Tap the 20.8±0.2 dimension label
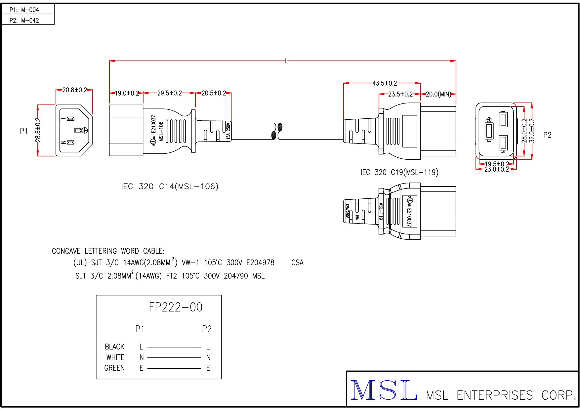(74, 90)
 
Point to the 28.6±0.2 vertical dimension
(38, 130)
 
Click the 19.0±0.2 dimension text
(127, 93)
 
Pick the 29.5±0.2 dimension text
(169, 93)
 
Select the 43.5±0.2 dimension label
(385, 83)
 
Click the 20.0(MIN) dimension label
(438, 94)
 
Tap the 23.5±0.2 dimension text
(400, 94)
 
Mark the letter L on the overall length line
(286, 61)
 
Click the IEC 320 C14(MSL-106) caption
(170, 186)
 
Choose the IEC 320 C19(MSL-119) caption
(399, 172)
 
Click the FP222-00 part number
(176, 307)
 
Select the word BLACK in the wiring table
(114, 347)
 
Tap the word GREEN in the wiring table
(114, 368)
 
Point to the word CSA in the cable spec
(297, 263)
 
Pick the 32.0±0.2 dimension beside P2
(532, 130)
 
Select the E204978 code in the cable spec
(260, 263)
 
